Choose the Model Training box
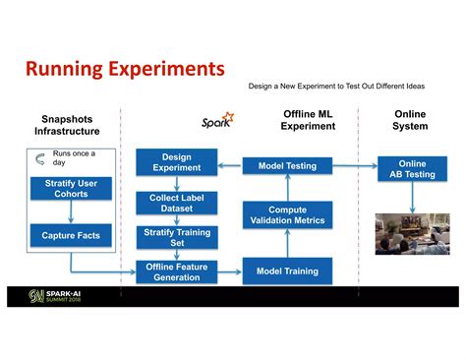point(287,270)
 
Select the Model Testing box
point(287,166)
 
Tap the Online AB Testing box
point(413,169)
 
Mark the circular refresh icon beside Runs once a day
point(40,159)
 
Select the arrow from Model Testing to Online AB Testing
point(355,166)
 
